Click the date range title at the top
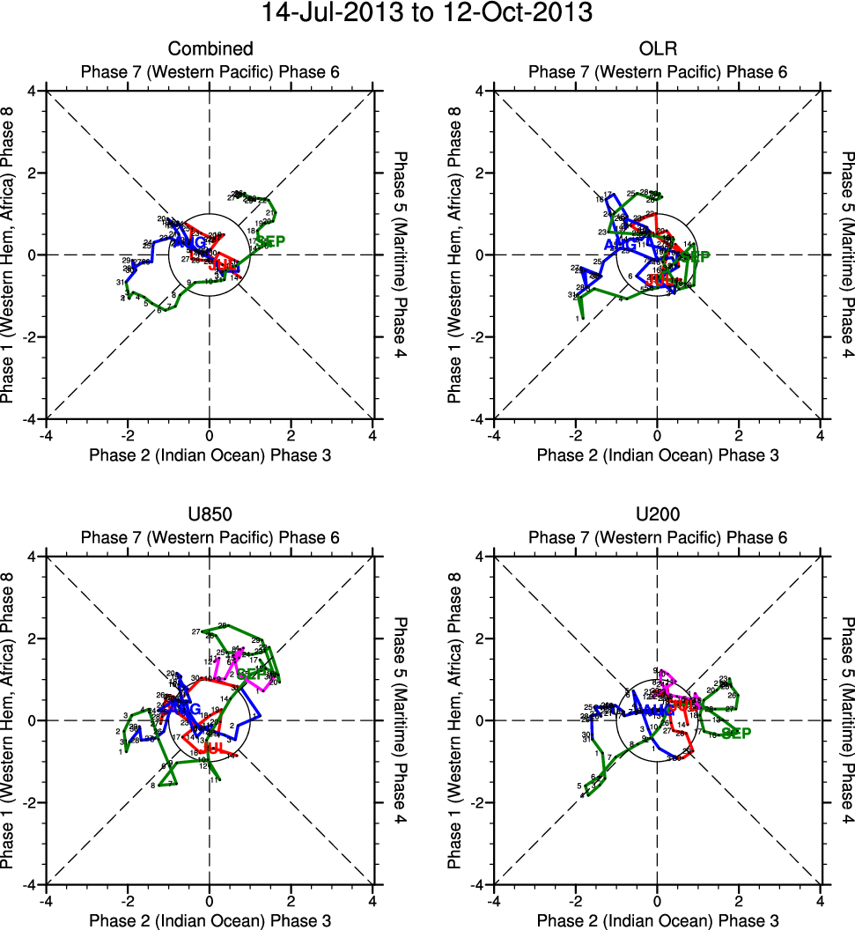click(427, 14)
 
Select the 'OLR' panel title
click(657, 48)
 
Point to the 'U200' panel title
click(657, 514)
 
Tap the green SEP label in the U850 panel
click(254, 674)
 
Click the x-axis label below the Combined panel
click(210, 454)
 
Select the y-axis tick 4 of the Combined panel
click(32, 91)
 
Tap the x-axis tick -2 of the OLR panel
click(575, 434)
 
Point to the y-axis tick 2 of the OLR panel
click(479, 173)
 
